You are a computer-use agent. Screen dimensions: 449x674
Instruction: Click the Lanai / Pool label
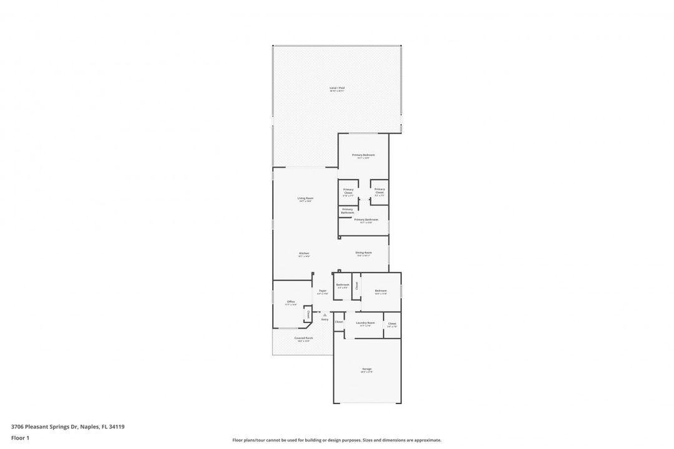pyautogui.click(x=337, y=88)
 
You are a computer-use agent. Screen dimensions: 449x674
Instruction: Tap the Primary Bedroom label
pyautogui.click(x=363, y=155)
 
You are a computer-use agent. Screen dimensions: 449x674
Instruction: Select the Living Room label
pyautogui.click(x=305, y=198)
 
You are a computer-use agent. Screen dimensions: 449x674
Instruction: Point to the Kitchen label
pyautogui.click(x=304, y=253)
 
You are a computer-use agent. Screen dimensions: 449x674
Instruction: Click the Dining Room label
pyautogui.click(x=364, y=253)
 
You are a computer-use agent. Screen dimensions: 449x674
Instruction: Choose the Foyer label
pyautogui.click(x=323, y=291)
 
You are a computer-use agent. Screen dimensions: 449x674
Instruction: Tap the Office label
pyautogui.click(x=291, y=302)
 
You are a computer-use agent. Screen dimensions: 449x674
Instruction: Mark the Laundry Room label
pyautogui.click(x=365, y=323)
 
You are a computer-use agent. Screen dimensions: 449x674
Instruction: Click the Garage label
pyautogui.click(x=366, y=369)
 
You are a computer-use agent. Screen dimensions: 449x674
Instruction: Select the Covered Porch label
pyautogui.click(x=305, y=338)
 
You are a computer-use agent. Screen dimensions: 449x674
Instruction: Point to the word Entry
pyautogui.click(x=325, y=319)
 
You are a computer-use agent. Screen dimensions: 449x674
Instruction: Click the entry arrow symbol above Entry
pyautogui.click(x=325, y=314)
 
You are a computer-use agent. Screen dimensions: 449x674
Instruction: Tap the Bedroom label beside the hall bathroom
pyautogui.click(x=381, y=291)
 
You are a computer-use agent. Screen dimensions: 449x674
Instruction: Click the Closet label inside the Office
pyautogui.click(x=308, y=314)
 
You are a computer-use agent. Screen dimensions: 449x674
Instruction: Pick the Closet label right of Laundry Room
pyautogui.click(x=392, y=324)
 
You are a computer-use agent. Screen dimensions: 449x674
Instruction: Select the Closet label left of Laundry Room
pyautogui.click(x=339, y=322)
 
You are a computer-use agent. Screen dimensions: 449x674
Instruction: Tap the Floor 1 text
pyautogui.click(x=20, y=438)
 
